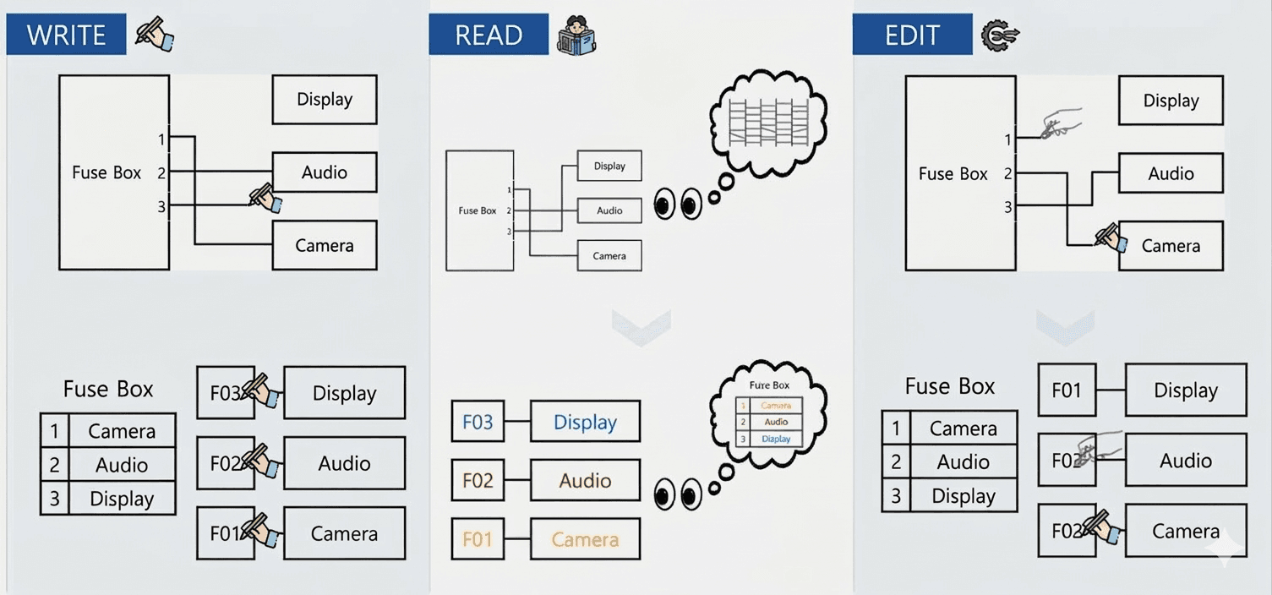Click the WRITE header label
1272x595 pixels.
pos(66,35)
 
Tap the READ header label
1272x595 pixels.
pos(489,35)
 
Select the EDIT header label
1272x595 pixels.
pos(912,35)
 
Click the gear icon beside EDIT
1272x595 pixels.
pos(1000,35)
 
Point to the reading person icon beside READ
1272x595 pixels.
pos(577,35)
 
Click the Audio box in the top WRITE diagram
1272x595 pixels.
pos(325,172)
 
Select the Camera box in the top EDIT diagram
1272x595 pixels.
pos(1171,246)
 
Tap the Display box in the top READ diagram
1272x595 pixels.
pos(609,166)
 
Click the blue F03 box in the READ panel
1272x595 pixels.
pos(478,422)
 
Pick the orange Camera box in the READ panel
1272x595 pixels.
pos(585,539)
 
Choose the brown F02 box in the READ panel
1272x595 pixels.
pos(478,481)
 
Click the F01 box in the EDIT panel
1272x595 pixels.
pos(1067,390)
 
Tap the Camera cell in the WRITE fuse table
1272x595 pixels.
pos(122,431)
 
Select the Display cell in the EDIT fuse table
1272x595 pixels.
pos(964,496)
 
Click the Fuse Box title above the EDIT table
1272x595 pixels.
pos(950,386)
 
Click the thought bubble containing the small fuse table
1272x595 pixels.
pos(769,414)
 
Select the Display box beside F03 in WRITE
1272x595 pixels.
pos(344,393)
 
